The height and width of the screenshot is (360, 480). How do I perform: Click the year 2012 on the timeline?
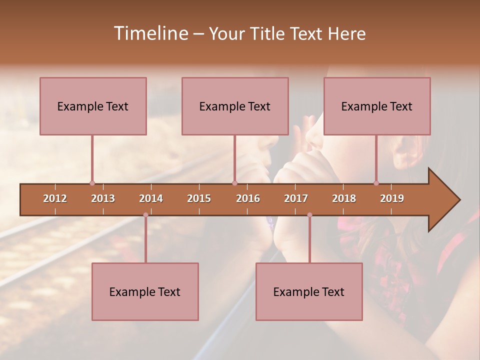(x=55, y=198)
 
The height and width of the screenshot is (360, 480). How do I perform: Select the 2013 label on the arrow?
(x=103, y=198)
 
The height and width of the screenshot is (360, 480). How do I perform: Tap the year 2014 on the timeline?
(x=151, y=198)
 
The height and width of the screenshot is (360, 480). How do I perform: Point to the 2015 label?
(x=199, y=198)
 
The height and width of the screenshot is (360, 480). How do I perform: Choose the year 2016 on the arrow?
(x=248, y=198)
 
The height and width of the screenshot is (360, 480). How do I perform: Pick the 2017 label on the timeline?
(x=296, y=198)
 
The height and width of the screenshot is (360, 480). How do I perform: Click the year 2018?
(x=344, y=198)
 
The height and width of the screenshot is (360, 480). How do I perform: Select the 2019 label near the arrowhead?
(x=392, y=198)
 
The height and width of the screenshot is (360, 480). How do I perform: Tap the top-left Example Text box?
(x=93, y=106)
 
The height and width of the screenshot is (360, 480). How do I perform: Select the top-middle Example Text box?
(x=235, y=106)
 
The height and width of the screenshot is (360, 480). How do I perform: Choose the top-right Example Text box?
(x=377, y=106)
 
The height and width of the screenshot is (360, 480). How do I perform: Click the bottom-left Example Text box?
(x=145, y=291)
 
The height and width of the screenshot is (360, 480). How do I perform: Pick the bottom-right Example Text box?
(x=309, y=291)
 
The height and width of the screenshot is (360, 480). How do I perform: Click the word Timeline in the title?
(x=149, y=33)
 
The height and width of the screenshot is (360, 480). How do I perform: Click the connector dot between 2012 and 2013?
(x=92, y=183)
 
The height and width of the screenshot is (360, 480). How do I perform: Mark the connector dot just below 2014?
(x=145, y=215)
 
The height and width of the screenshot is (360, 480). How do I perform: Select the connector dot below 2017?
(x=309, y=215)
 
